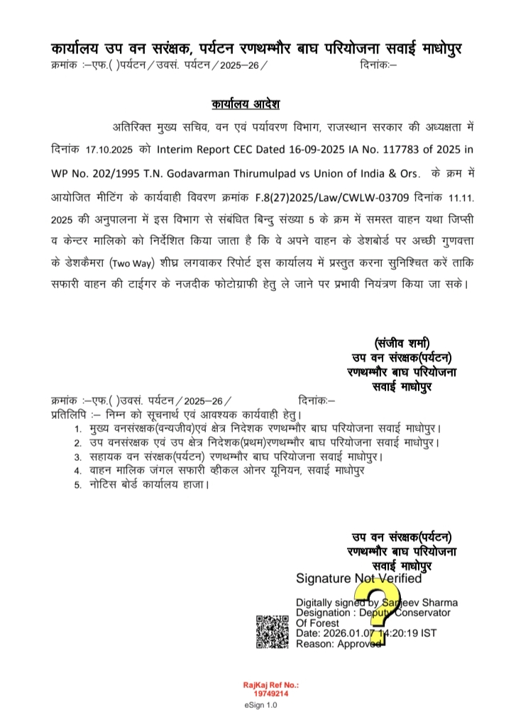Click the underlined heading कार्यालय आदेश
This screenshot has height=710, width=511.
246,104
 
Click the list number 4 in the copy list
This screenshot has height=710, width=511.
77,469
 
